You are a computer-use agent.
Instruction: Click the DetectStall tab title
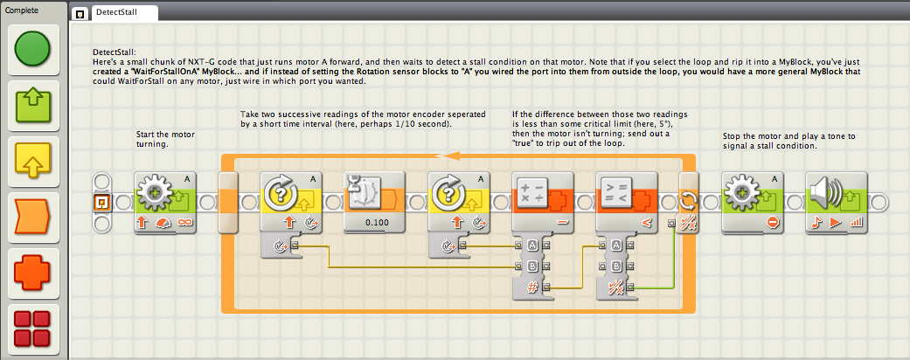(116, 11)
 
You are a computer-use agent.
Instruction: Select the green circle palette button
(32, 50)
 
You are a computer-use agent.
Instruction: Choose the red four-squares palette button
(32, 329)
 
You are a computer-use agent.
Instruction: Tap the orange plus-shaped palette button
(32, 273)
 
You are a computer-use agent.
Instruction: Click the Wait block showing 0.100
(374, 203)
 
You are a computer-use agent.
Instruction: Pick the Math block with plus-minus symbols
(541, 203)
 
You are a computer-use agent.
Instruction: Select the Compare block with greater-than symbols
(626, 203)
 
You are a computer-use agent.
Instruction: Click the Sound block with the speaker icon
(837, 203)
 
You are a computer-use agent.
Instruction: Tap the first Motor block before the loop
(165, 203)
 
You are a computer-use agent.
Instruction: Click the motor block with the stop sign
(753, 203)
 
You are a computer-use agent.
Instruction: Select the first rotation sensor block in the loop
(290, 203)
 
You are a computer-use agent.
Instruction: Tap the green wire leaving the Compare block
(673, 257)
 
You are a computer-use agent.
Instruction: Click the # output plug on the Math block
(546, 287)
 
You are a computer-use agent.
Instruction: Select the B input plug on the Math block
(518, 267)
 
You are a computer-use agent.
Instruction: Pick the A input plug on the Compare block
(602, 246)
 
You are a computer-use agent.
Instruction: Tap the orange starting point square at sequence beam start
(101, 203)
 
